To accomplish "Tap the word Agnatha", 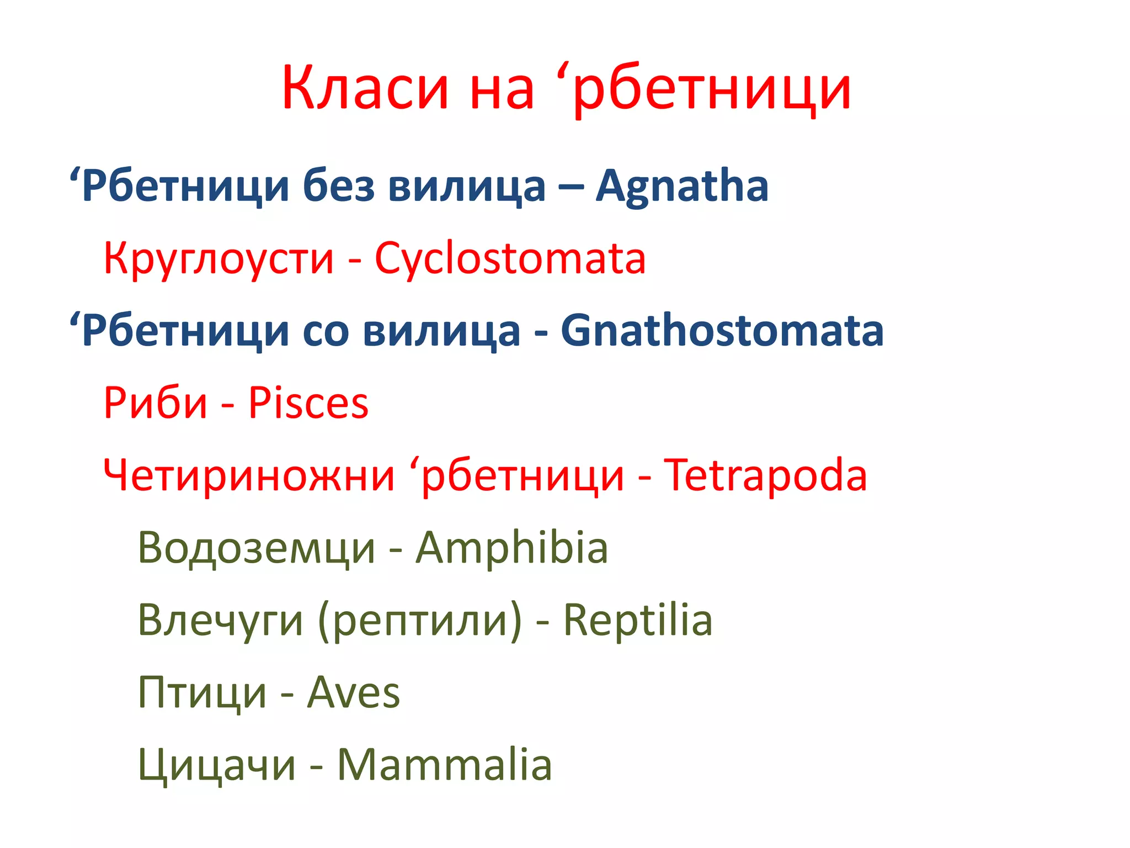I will coord(682,186).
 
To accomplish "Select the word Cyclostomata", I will coord(510,258).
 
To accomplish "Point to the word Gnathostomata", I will coord(722,331).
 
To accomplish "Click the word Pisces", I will coord(308,403).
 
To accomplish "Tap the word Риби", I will coord(155,403).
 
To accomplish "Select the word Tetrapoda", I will coord(765,475).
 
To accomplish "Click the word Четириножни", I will coord(249,475).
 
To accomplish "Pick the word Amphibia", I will coord(511,548).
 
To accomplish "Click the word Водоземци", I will coord(257,549).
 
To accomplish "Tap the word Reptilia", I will coord(637,620).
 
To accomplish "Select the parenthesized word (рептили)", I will coord(420,621).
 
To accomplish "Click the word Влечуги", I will coord(220,621).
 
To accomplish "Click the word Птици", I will coord(202,693).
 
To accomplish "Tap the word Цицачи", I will coord(217,766).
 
